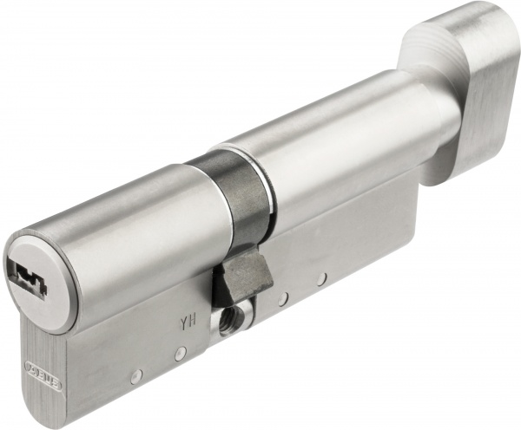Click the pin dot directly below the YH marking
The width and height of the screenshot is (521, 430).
(180, 354)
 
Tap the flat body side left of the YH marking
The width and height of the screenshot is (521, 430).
(130, 338)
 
